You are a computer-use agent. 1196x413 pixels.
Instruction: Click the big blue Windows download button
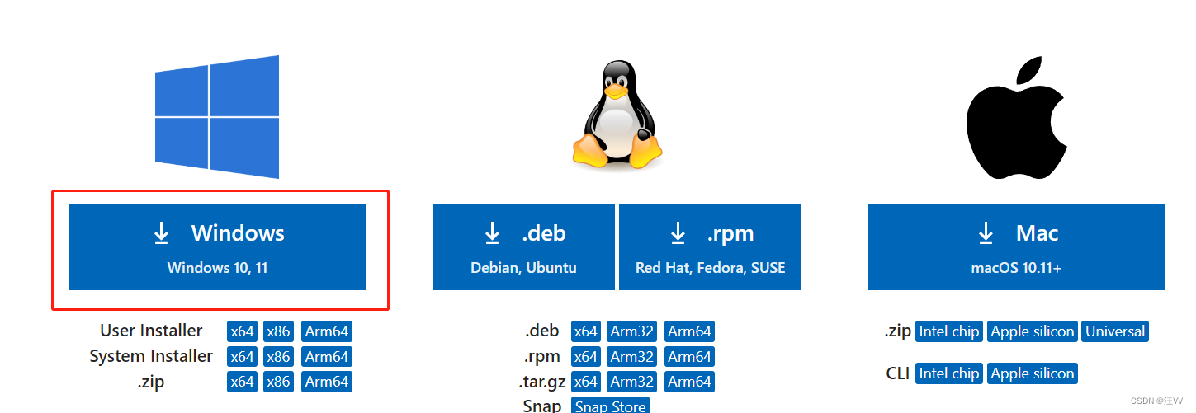click(x=216, y=246)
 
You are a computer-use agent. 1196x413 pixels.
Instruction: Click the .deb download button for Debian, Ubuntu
click(x=523, y=246)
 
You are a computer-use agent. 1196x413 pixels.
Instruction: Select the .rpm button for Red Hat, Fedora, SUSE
click(x=710, y=246)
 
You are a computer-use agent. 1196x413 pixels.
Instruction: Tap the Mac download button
click(x=1016, y=246)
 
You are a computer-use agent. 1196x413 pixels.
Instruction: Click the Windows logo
click(x=217, y=116)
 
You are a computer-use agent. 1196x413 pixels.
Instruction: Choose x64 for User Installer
click(x=243, y=331)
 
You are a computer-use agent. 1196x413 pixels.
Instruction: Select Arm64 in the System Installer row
click(x=327, y=357)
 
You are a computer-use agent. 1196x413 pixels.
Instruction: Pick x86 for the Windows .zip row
click(x=278, y=382)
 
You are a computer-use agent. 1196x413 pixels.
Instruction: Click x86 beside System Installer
click(x=278, y=357)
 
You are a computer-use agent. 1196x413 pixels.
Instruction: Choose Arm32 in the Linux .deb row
click(x=632, y=331)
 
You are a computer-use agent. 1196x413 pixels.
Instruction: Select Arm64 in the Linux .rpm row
click(x=689, y=357)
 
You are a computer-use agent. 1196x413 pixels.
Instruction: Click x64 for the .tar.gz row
click(x=586, y=382)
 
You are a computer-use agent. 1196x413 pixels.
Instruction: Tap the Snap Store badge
click(x=610, y=406)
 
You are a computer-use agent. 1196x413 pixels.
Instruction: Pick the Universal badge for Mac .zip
click(x=1115, y=331)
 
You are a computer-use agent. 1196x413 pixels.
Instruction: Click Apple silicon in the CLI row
click(x=1033, y=373)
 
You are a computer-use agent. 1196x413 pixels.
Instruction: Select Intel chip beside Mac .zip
click(x=949, y=331)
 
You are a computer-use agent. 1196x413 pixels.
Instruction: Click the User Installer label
click(x=151, y=331)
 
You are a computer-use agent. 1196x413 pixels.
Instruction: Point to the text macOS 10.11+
click(x=1016, y=268)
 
